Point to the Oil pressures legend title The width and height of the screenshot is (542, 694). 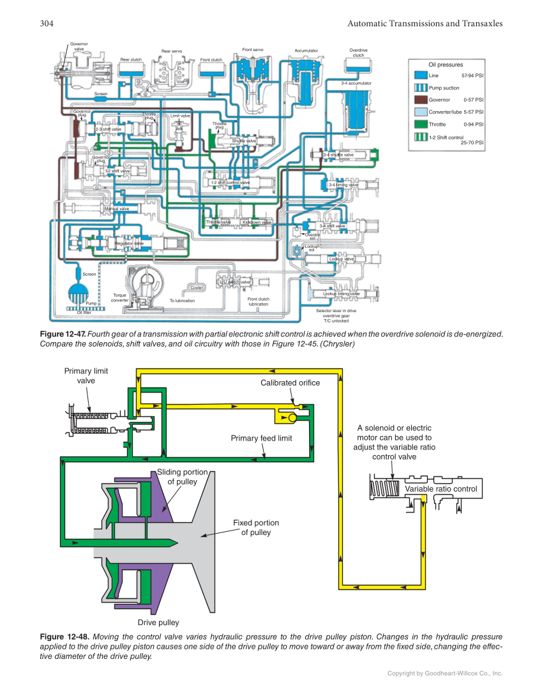446,64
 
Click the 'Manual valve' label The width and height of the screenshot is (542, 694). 117,208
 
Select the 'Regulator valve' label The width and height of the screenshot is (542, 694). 129,243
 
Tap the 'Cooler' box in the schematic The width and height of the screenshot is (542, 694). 197,287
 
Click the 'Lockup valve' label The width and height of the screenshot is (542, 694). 341,259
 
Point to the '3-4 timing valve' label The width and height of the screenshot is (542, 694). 343,185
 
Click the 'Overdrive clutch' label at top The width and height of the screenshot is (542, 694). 358,52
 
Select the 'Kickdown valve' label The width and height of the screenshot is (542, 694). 257,222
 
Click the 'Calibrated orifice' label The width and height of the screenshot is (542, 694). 290,382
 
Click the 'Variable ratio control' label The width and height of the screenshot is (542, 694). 440,489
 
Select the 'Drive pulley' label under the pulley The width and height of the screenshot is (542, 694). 158,622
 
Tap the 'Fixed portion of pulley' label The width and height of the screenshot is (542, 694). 255,527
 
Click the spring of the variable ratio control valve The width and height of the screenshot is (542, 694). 386,489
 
